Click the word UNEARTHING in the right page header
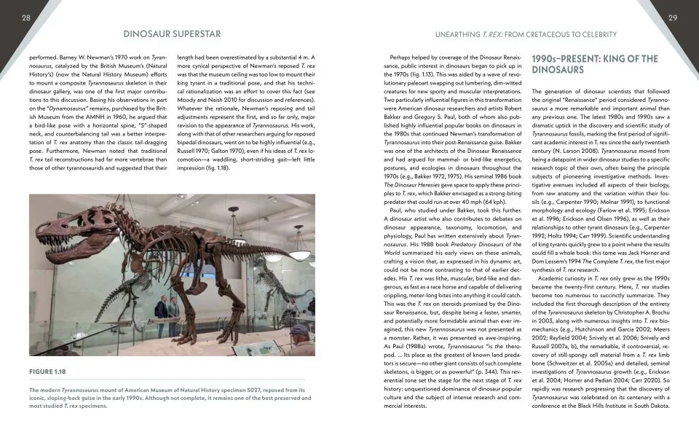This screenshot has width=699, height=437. coord(462,34)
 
